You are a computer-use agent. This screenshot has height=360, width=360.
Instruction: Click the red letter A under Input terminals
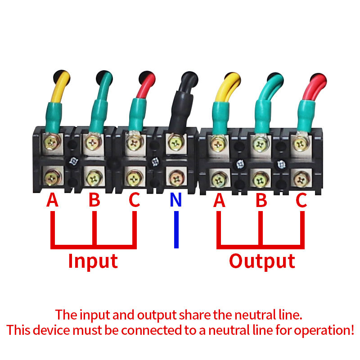pos(53,200)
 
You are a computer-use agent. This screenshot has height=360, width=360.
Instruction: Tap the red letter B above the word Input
pos(94,200)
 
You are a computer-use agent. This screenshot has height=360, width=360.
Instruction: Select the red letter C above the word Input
pos(134,200)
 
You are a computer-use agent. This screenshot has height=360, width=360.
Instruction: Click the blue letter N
pos(176,200)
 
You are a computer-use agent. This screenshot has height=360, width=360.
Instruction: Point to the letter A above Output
pos(219,200)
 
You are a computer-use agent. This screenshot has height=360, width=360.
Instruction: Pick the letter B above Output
pos(261,200)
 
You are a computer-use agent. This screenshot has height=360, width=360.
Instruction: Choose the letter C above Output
pos(301,200)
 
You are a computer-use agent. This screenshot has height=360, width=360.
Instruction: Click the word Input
pos(93,261)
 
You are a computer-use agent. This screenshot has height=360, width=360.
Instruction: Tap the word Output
pos(262,261)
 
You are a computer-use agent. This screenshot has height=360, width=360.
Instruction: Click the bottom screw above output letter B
pos(260,179)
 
